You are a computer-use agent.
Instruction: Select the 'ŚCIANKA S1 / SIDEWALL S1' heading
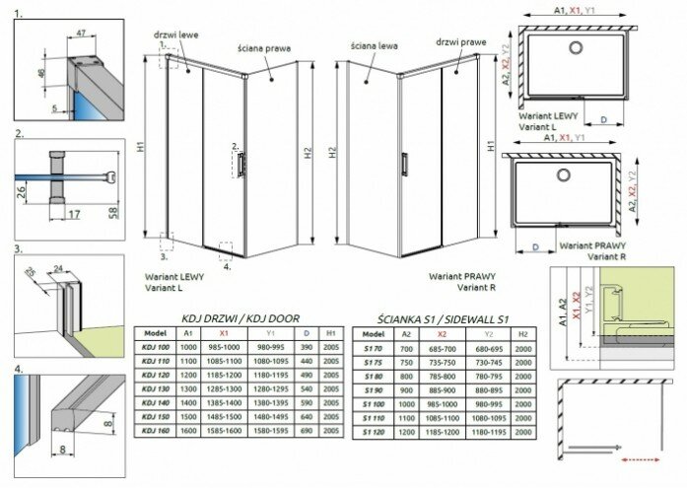437,317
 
